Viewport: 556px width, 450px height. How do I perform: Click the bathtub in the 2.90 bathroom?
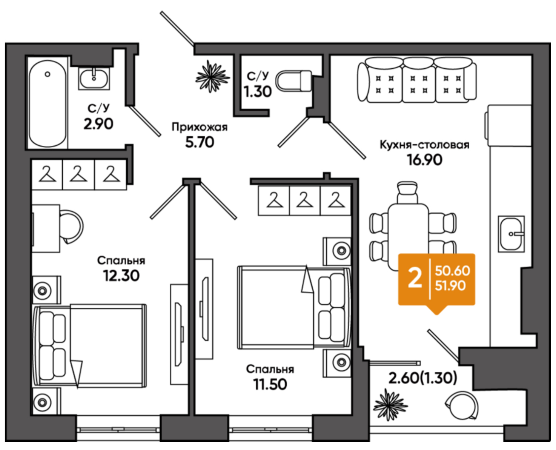[x=47, y=104]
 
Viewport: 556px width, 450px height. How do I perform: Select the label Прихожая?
[x=200, y=127]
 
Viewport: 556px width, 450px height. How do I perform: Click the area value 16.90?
[x=425, y=160]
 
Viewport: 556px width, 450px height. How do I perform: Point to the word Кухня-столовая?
[x=425, y=145]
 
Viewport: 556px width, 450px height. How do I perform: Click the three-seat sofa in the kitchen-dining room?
[x=417, y=80]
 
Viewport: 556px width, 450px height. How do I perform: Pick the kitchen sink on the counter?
[x=511, y=234]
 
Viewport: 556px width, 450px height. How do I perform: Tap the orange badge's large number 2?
[x=415, y=279]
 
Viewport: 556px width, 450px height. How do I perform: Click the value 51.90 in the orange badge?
[x=450, y=286]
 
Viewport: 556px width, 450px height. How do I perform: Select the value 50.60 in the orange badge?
[x=452, y=271]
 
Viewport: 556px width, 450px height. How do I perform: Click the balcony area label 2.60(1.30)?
[x=423, y=378]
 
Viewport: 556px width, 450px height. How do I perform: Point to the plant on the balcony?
[x=390, y=405]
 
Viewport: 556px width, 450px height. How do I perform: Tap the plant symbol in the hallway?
[x=212, y=77]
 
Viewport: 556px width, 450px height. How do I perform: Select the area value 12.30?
[x=121, y=276]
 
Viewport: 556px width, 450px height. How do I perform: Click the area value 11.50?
[x=270, y=384]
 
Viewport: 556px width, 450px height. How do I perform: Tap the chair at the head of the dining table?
[x=408, y=193]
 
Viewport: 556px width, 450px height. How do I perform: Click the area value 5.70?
[x=200, y=142]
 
